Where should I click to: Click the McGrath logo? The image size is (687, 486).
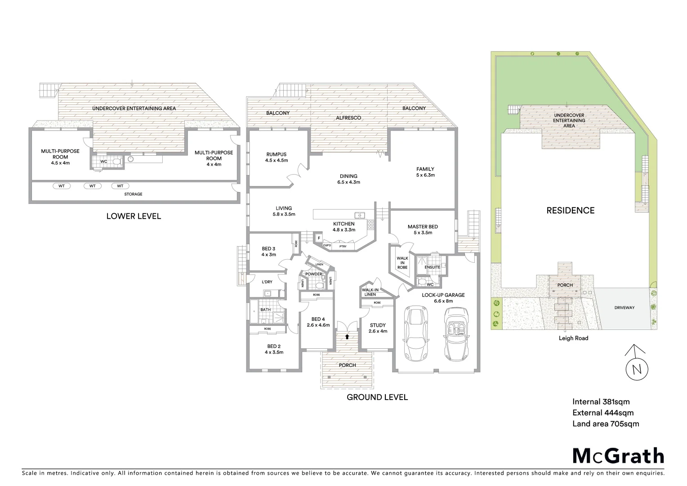pos(618,455)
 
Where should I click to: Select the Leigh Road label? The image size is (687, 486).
pos(573,338)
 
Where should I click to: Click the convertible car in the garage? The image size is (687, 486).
pos(456,334)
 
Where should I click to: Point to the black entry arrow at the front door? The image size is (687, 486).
pos(347,336)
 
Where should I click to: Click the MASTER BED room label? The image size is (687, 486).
pos(423,229)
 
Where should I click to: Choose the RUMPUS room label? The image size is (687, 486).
pos(276,157)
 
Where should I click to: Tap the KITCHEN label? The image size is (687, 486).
pos(343,226)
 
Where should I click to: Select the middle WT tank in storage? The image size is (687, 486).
pos(92,186)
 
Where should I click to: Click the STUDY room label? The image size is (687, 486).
pos(378,328)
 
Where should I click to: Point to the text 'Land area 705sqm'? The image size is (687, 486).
pos(605,423)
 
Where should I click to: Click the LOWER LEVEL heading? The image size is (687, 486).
pos(134,216)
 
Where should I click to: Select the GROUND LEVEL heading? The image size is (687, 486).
pos(377,397)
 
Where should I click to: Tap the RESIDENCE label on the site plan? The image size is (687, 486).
pos(570,210)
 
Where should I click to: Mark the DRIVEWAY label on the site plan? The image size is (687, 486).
pos(624,308)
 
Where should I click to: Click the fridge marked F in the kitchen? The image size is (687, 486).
pos(319,238)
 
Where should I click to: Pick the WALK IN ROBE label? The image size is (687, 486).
pos(402,263)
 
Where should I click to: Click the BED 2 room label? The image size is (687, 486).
pos(274,349)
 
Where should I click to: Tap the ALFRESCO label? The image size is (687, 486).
pos(348,118)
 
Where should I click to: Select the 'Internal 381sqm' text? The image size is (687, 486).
pos(601,402)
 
